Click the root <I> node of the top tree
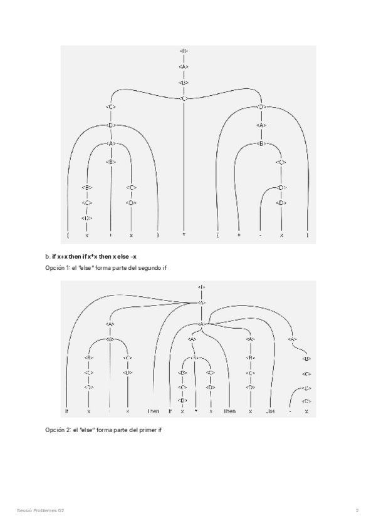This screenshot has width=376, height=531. coord(184,51)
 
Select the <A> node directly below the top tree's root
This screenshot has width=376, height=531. coord(184,66)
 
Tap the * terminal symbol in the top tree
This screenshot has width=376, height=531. coord(184,235)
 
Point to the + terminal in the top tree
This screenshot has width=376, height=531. coord(239,235)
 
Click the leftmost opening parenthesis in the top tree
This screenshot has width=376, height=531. coord(67,235)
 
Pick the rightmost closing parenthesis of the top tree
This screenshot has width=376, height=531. coord(308,235)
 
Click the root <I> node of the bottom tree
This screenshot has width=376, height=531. coord(201,287)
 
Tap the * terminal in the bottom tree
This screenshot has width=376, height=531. coord(196,411)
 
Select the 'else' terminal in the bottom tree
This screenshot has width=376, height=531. coord(270,411)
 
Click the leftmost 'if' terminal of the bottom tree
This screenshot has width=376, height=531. coord(67,411)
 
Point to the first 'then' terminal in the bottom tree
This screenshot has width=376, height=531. coord(154,411)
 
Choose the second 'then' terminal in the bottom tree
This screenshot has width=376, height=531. coord(230,411)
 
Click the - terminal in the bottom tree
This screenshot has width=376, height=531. coord(290,411)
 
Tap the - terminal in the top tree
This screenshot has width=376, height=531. coord(260,235)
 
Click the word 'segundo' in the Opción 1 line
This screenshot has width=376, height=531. coord(144,268)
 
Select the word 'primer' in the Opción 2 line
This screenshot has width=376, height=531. coord(144,430)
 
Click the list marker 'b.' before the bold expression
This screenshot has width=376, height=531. coord(48,257)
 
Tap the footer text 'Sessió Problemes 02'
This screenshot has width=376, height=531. coord(41,510)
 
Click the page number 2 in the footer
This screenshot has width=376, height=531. coord(357,510)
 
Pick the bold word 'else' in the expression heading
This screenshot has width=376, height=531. coord(125,257)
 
